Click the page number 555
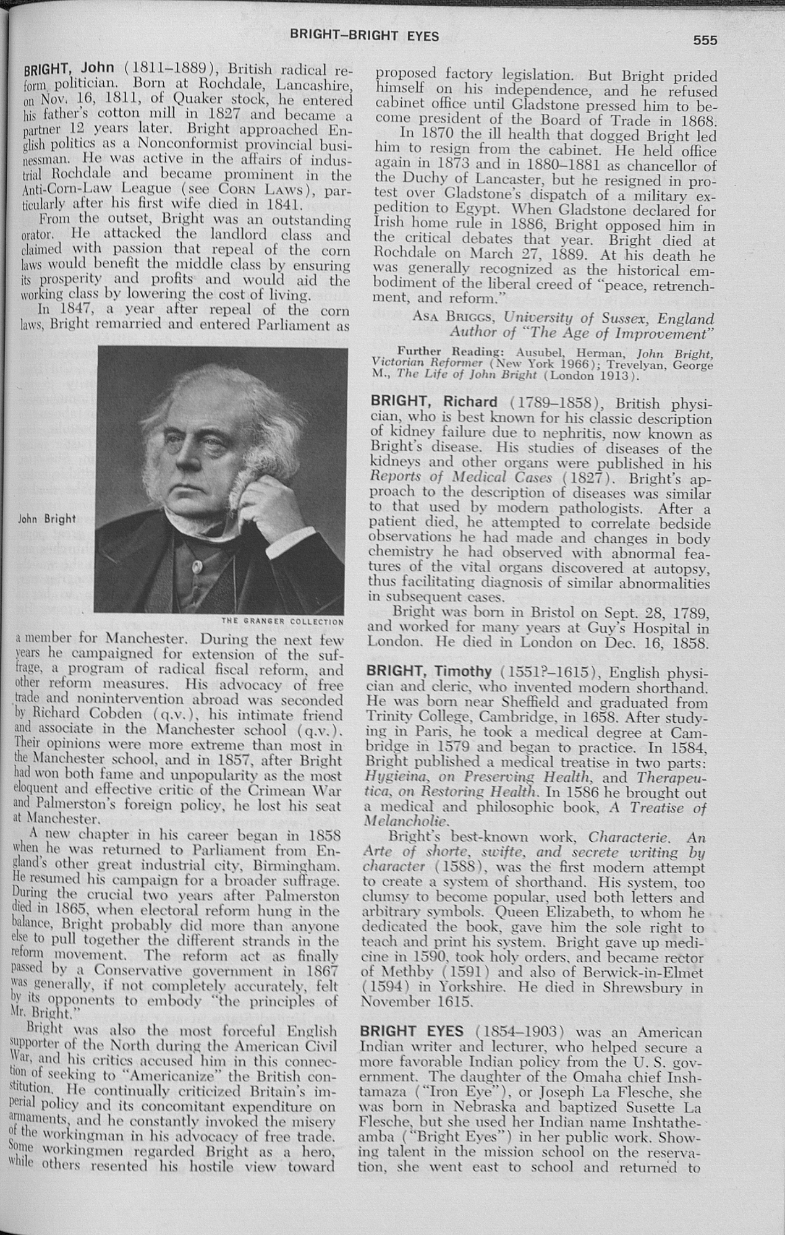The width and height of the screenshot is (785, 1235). coord(705,40)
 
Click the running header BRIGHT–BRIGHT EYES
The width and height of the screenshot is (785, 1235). coord(365,36)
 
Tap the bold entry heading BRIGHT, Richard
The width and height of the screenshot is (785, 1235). coord(432,403)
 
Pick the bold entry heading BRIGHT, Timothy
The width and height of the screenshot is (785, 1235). coord(429,672)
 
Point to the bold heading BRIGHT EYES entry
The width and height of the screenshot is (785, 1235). coord(414,1032)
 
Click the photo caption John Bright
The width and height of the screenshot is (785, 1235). coord(47,519)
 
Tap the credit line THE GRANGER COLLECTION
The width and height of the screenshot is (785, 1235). coord(282,622)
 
